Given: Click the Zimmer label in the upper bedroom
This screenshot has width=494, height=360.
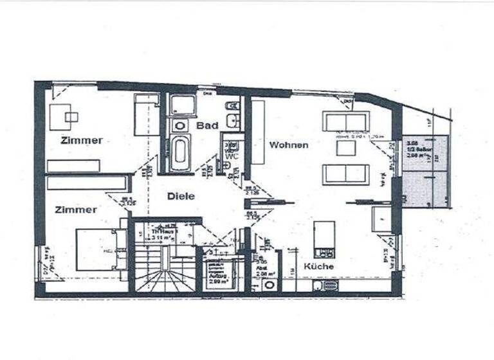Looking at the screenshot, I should [x=82, y=140].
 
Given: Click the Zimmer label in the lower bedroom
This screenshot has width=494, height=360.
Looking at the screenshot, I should [x=76, y=210].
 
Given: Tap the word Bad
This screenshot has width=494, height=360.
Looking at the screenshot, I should [x=207, y=125].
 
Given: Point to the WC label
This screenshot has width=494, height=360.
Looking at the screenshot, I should [x=231, y=156].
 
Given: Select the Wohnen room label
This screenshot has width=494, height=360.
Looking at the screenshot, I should [x=288, y=145].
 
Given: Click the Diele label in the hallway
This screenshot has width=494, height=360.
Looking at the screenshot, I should [x=181, y=197].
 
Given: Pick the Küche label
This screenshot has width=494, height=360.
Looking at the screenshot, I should [x=318, y=266].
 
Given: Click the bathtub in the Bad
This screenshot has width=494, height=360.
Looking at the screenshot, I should [x=179, y=152].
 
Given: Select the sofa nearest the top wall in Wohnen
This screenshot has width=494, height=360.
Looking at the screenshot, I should [x=346, y=122].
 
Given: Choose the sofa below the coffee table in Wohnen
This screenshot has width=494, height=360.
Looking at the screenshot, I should [x=346, y=174].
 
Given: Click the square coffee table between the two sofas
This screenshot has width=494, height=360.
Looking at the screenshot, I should [x=346, y=148].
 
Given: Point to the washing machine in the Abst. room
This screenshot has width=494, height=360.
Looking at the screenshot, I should [x=269, y=284].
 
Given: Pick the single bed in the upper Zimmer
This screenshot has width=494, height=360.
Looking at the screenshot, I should [x=147, y=114].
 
